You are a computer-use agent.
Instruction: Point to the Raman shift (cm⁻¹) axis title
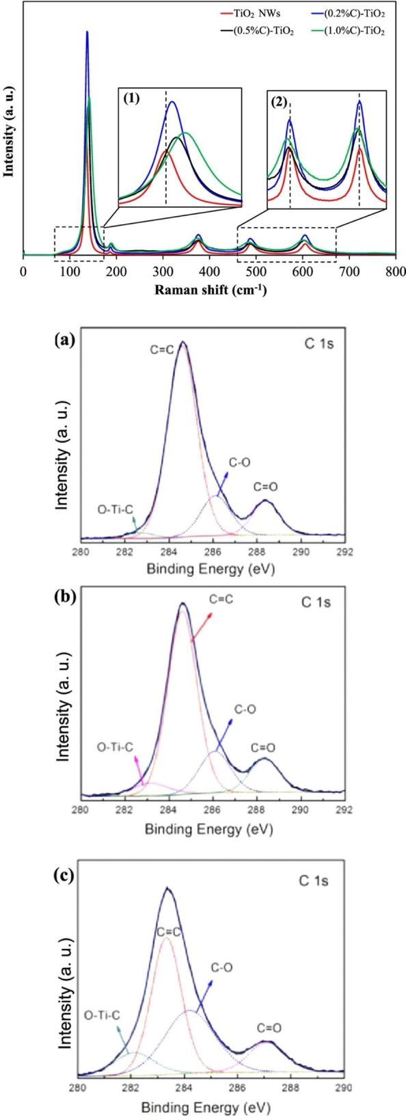tap(210, 289)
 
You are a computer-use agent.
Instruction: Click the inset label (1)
tap(133, 96)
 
